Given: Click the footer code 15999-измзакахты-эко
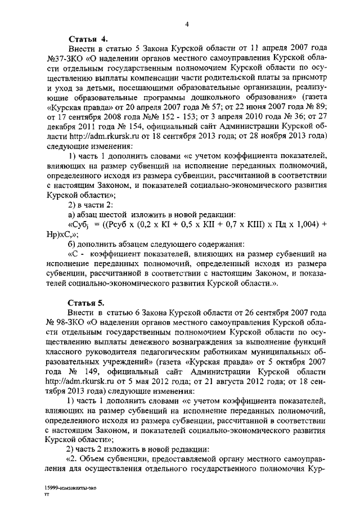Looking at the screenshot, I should click(x=73, y=488).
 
